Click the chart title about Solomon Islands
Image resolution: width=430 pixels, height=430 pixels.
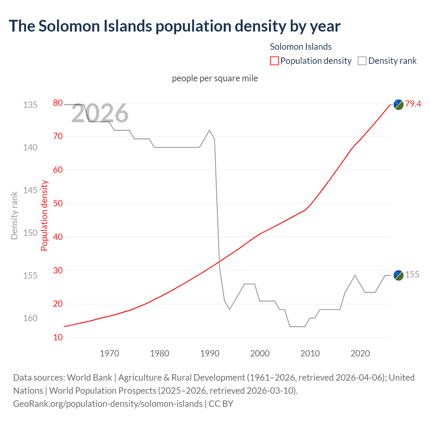pos(175,26)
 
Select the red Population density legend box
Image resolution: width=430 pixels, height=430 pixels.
pos(274,61)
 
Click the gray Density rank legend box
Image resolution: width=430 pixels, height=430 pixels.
pos(362,61)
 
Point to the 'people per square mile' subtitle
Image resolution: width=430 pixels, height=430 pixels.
pos(215,78)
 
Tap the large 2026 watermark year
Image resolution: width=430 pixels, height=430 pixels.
pos(100,113)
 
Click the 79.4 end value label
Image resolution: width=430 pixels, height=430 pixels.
pos(413,104)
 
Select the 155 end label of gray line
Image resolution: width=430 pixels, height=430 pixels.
pos(412,274)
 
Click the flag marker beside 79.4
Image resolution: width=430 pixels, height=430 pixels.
pos(398,104)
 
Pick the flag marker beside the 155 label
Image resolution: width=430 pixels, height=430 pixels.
pos(398,275)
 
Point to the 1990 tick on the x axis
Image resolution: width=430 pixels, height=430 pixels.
pos(210,353)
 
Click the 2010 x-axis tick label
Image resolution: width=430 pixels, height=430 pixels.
pos(310,353)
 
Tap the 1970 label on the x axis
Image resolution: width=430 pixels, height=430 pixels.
pos(110,353)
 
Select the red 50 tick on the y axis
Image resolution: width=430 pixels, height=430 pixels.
pos(58,203)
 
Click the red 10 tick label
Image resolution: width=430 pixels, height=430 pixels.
pos(58,337)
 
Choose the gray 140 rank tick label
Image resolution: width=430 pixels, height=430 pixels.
pos(30,147)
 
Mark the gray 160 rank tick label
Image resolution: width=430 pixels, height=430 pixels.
pos(30,318)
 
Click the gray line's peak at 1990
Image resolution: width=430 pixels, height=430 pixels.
pos(210,130)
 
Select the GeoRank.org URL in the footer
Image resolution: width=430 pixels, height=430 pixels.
pos(107,403)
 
